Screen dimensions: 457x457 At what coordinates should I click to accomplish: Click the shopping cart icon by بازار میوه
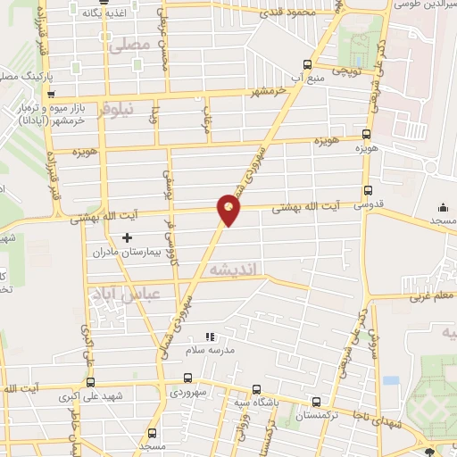53,93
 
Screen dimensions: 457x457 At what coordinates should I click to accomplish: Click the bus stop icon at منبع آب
308,64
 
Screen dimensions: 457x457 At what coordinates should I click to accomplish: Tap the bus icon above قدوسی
369,189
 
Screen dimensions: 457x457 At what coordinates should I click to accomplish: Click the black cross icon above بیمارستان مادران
127,238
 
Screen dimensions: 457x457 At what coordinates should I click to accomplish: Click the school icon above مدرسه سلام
211,337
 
